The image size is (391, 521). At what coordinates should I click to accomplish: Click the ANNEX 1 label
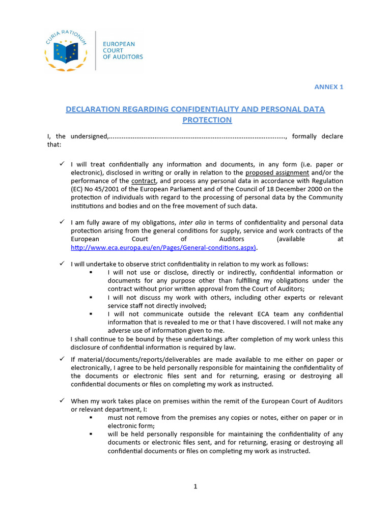[328, 86]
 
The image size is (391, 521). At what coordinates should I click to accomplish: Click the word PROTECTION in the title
[207, 120]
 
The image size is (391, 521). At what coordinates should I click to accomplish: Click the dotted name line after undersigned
[199, 137]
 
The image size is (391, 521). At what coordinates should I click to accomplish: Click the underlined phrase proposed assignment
[277, 172]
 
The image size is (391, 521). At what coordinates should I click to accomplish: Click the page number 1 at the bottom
[195, 486]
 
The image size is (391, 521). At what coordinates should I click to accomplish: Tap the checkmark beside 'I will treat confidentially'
[61, 164]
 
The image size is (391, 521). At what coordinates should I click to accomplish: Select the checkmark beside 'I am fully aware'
[61, 222]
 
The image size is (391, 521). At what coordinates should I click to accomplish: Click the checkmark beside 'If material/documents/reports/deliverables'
[61, 359]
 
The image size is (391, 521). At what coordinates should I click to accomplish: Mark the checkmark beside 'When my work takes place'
[61, 401]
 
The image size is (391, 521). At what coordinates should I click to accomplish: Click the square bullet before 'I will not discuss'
[91, 298]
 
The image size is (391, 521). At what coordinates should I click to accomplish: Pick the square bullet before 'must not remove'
[91, 418]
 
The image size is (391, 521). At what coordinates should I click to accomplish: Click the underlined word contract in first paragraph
[143, 181]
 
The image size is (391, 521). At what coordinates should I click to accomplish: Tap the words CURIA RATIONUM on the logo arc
[66, 35]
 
